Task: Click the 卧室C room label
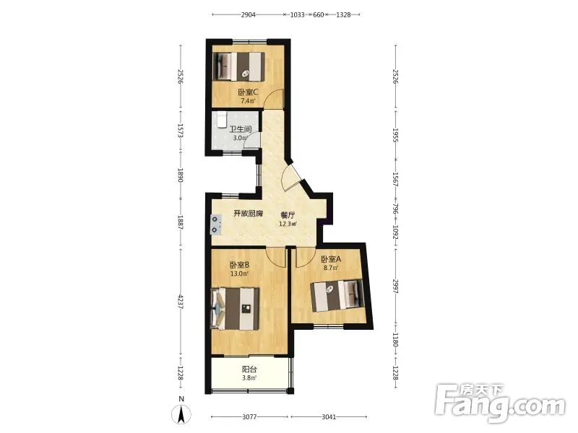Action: click(x=248, y=92)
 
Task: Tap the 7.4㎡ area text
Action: click(x=248, y=100)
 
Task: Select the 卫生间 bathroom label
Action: click(x=241, y=130)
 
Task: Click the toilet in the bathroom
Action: click(x=221, y=119)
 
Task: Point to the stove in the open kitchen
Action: click(x=215, y=225)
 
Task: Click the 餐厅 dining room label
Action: click(x=288, y=215)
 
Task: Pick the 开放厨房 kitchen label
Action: click(x=249, y=214)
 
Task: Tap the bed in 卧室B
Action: click(x=235, y=309)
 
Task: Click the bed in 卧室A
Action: click(x=337, y=296)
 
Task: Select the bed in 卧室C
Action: click(x=239, y=66)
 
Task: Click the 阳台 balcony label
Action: click(x=249, y=369)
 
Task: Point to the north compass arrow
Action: click(x=181, y=415)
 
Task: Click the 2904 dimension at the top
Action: click(x=248, y=14)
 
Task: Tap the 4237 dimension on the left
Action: click(x=181, y=301)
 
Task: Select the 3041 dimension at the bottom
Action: click(x=329, y=417)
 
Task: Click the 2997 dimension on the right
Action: click(x=395, y=286)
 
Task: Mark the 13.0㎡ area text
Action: click(x=239, y=274)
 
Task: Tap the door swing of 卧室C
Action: click(x=275, y=97)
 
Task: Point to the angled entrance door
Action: click(x=292, y=177)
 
